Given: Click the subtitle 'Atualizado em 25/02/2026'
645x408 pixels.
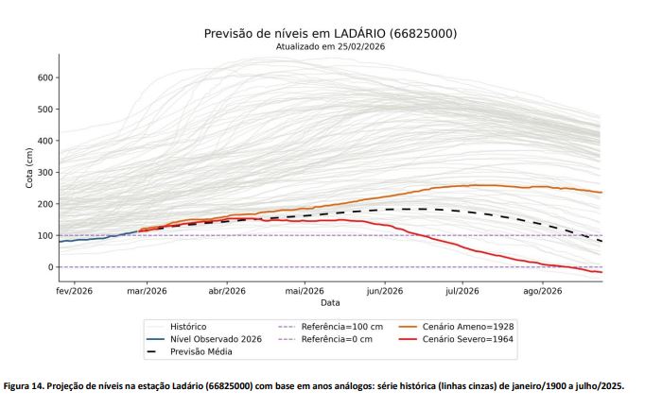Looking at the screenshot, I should (x=330, y=46).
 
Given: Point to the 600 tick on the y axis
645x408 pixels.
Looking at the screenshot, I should (x=44, y=77).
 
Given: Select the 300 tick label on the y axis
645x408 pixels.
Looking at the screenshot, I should (x=44, y=173).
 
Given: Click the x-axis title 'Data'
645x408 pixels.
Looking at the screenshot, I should (x=330, y=302).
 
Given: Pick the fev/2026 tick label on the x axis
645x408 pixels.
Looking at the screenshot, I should (x=77, y=291).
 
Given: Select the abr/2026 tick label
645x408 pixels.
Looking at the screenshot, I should (x=226, y=291).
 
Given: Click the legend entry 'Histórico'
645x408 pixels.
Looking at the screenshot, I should (x=188, y=326).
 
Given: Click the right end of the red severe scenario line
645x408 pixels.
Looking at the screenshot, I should (x=601, y=272).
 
